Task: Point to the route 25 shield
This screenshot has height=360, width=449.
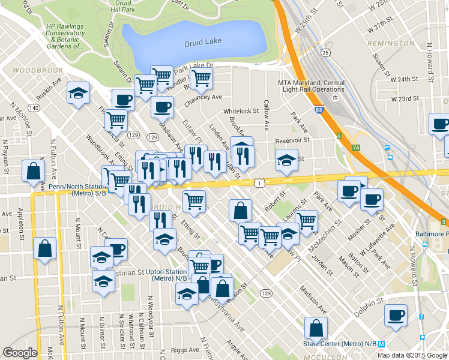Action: pyautogui.click(x=325, y=53)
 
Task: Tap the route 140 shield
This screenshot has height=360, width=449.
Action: pyautogui.click(x=34, y=107)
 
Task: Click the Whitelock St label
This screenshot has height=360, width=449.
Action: pyautogui.click(x=241, y=111)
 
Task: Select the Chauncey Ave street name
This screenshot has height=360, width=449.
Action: pyautogui.click(x=203, y=98)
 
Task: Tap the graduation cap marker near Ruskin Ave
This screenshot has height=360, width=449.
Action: pyautogui.click(x=78, y=92)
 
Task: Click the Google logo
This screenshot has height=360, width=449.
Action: pyautogui.click(x=20, y=353)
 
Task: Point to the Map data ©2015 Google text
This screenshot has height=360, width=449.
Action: pyautogui.click(x=412, y=355)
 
